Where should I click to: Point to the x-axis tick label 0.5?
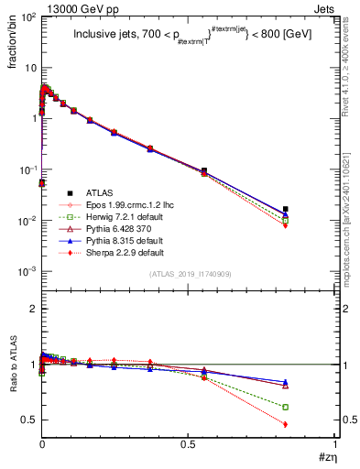tap(188, 445)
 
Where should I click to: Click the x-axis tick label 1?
tap(334, 445)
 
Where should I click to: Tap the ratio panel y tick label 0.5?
tap(31, 420)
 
